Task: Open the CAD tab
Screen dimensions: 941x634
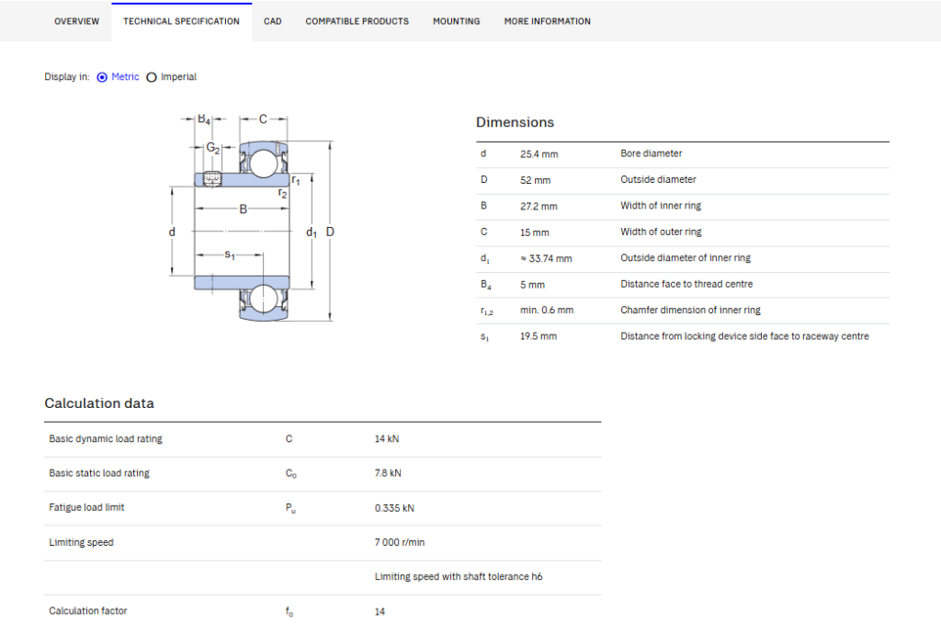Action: (272, 22)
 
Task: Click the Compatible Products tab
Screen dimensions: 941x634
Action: (357, 22)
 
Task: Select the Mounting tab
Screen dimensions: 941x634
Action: (456, 22)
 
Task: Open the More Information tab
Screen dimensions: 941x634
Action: (548, 22)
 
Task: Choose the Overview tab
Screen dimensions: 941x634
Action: (77, 22)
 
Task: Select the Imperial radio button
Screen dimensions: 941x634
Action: (152, 77)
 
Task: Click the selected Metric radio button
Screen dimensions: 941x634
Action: (102, 77)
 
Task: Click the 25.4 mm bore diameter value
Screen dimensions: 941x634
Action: (539, 154)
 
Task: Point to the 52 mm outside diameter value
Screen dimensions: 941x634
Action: (536, 180)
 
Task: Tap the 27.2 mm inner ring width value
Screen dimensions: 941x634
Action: (539, 207)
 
